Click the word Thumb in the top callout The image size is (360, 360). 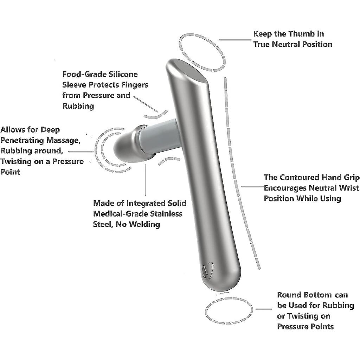[x=299, y=34]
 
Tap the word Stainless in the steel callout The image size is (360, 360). [x=167, y=214]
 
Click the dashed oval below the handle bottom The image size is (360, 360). [x=229, y=311]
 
